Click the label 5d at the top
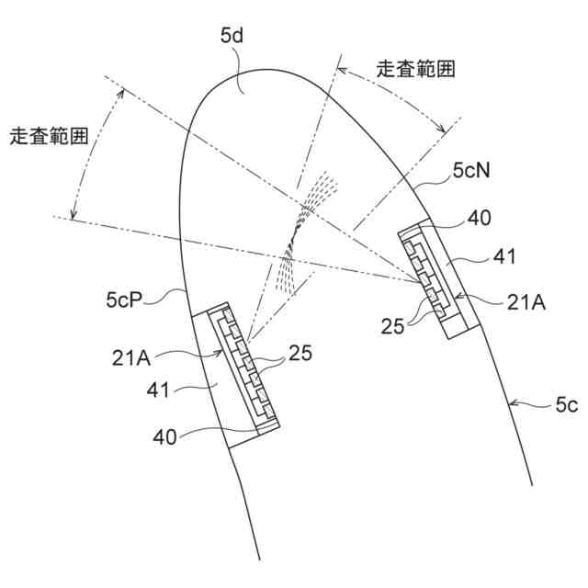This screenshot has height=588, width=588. coord(232,38)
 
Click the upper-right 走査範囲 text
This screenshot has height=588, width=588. coord(415,69)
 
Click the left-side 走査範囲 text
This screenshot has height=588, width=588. coord(48,136)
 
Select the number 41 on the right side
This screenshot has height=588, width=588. coord(503,258)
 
